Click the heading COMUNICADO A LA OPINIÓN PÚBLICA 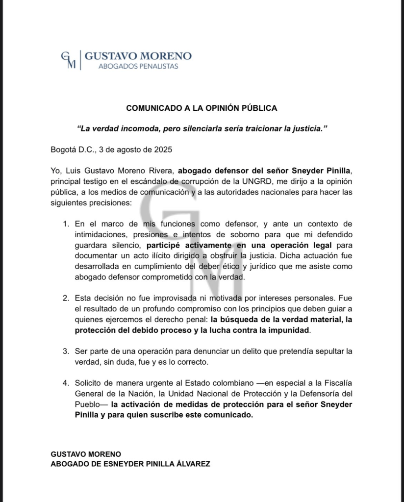pos(202,107)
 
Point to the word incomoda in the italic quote pos(137,128)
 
